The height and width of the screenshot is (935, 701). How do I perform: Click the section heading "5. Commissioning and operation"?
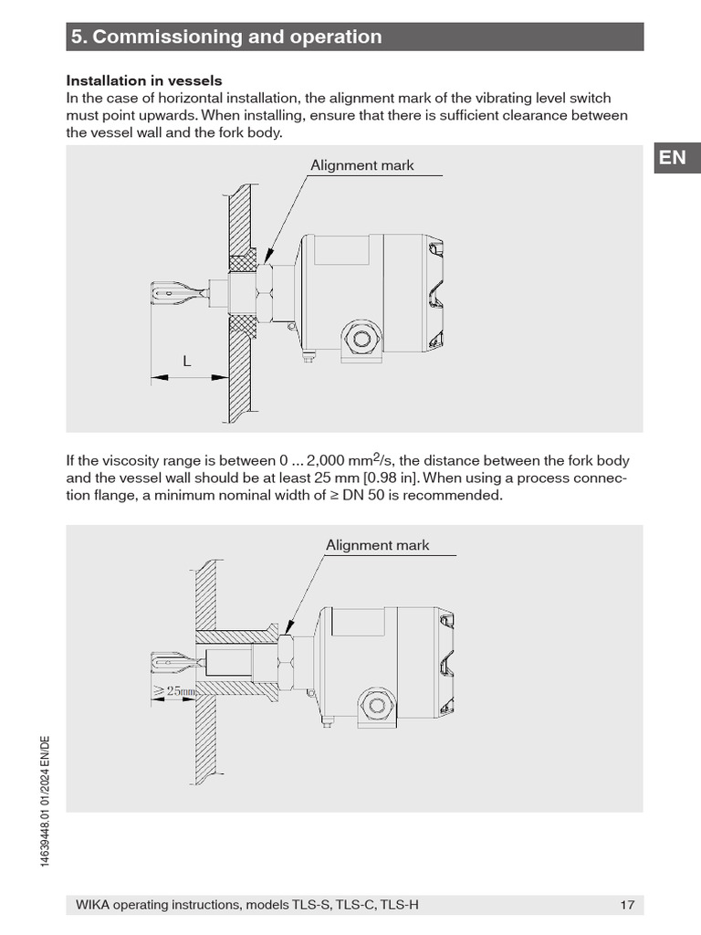pos(226,37)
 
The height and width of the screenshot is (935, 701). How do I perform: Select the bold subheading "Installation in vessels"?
pos(144,81)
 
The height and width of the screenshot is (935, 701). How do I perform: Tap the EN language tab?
pos(672,157)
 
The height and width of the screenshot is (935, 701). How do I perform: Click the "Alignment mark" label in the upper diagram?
pos(361,165)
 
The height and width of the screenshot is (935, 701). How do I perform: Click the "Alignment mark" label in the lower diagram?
pos(377,545)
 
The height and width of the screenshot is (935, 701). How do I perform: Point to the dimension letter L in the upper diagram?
pos(187,361)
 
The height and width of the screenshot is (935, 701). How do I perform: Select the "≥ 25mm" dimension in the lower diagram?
pos(173,691)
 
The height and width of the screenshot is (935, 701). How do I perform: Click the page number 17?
pos(626,905)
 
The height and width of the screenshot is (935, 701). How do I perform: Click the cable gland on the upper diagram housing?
pos(363,340)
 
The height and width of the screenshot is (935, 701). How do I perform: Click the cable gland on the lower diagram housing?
pos(378,704)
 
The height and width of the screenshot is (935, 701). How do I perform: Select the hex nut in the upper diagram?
pos(264,292)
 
